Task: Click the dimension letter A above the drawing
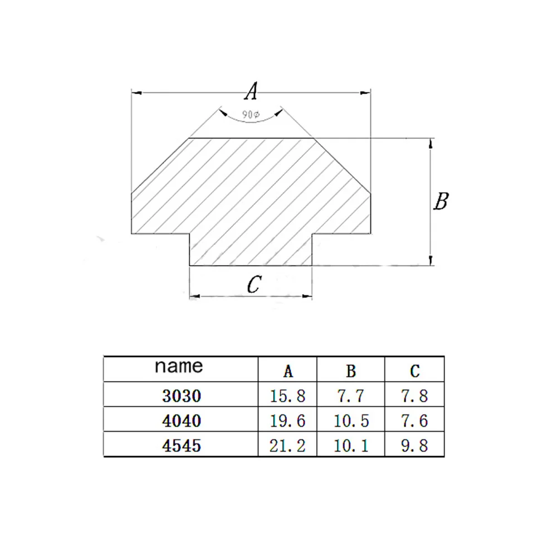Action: pos(252,91)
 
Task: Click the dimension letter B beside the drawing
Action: pos(441,201)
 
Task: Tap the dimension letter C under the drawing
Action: pos(253,285)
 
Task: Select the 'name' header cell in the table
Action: pos(179,367)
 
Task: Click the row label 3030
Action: pos(181,396)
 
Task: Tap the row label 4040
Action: pos(181,421)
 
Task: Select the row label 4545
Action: pos(181,446)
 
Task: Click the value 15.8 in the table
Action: pos(288,396)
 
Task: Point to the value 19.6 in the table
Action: pos(288,421)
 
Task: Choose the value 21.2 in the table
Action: pos(288,446)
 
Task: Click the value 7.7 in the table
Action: pos(351,396)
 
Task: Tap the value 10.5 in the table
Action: pos(351,421)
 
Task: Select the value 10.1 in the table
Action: pos(351,446)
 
